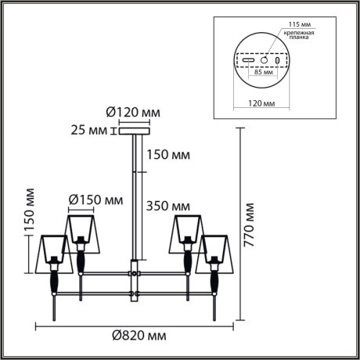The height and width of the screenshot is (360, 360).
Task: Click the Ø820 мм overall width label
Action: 138,336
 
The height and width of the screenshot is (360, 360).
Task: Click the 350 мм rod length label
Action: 170,207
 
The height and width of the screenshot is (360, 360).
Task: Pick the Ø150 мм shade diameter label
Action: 95,200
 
